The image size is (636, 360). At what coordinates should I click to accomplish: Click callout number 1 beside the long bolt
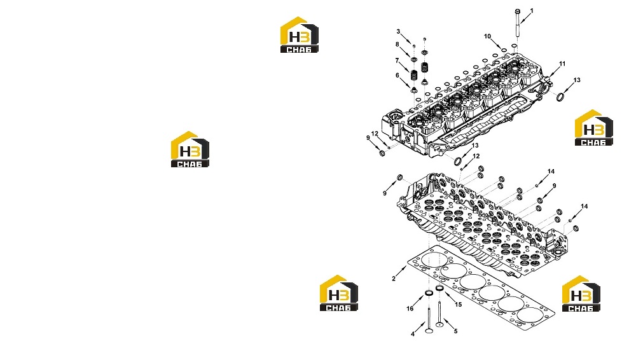click(x=532, y=11)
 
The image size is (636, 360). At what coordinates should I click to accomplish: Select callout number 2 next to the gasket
click(x=394, y=279)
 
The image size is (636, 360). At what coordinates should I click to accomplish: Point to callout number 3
click(x=398, y=31)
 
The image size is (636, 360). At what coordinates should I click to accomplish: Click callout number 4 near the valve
click(x=413, y=334)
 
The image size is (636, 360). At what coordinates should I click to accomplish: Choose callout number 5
click(x=455, y=331)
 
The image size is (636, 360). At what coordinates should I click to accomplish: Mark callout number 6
click(x=397, y=75)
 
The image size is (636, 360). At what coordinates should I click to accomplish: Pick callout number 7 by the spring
click(x=397, y=60)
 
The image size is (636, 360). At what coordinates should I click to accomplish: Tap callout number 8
click(x=397, y=45)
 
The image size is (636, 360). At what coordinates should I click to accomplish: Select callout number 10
click(x=487, y=36)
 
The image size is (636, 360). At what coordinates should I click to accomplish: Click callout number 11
click(x=562, y=64)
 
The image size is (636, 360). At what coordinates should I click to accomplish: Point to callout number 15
click(x=458, y=305)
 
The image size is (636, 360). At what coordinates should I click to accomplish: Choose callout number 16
click(x=410, y=308)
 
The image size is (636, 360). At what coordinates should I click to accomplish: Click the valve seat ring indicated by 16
click(x=428, y=293)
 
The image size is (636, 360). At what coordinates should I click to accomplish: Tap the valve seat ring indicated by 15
click(x=439, y=288)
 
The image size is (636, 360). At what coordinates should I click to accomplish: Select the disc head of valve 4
click(x=429, y=330)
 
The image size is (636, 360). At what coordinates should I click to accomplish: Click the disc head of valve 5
click(x=439, y=324)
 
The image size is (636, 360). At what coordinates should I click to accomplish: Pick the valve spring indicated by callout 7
click(x=414, y=75)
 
